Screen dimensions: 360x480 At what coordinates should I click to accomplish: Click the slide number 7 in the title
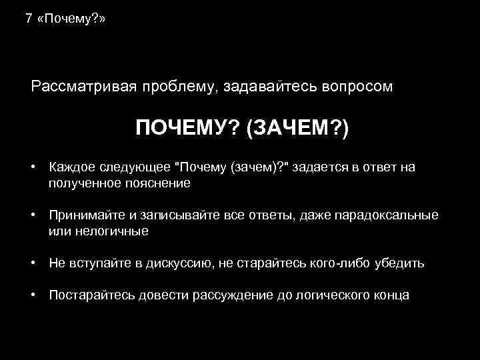[x=28, y=19]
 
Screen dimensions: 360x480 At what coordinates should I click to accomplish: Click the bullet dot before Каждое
[x=33, y=167]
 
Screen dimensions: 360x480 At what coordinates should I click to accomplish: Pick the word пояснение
[x=158, y=183]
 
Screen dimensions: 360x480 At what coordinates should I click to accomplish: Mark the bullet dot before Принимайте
[x=33, y=215]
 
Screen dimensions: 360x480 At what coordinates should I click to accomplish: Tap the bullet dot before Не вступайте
[x=33, y=263]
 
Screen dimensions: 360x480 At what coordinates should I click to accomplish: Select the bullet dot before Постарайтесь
[x=33, y=295]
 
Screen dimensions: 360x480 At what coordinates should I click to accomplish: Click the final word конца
[x=393, y=295]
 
